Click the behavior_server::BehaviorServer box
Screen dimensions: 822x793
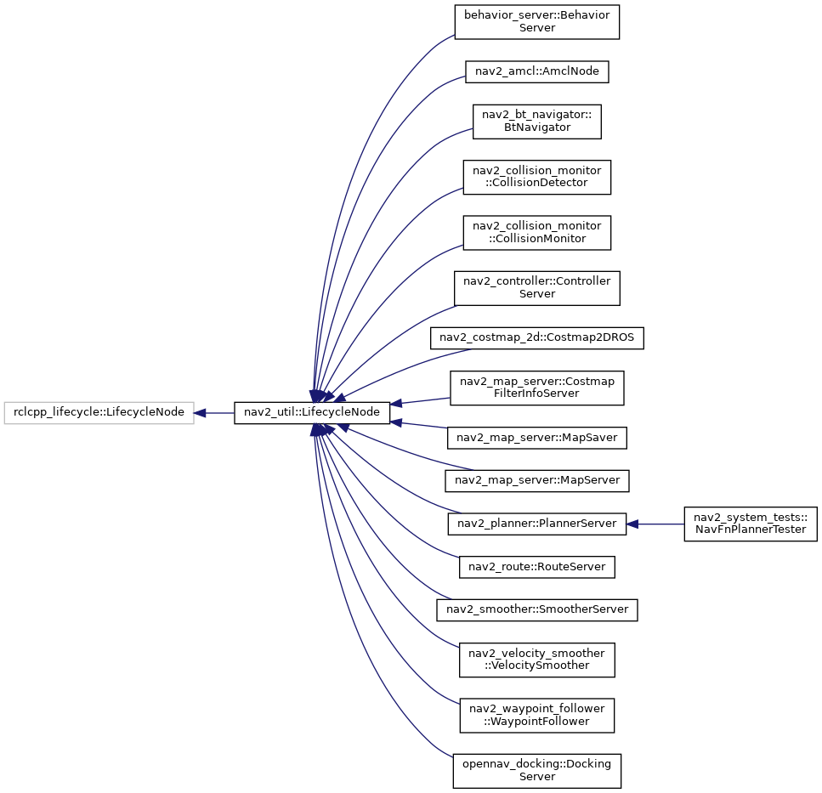click(x=537, y=22)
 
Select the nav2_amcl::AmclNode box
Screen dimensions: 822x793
click(x=537, y=71)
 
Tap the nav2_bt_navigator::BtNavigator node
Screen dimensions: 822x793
click(x=537, y=122)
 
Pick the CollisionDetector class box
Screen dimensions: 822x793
click(x=537, y=177)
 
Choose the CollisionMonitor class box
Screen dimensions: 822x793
click(x=537, y=233)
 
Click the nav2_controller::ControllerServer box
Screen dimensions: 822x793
click(x=537, y=288)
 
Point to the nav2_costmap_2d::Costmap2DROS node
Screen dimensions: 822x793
click(x=537, y=338)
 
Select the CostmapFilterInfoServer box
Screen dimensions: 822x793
click(x=537, y=388)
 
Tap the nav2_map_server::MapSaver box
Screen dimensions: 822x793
click(x=537, y=438)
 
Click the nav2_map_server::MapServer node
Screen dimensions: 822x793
click(x=537, y=480)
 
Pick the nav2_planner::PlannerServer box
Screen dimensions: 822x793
click(x=537, y=524)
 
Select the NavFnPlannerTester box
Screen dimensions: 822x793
click(x=751, y=524)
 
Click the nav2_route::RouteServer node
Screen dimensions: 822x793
click(x=537, y=567)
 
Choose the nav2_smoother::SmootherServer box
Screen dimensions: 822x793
click(x=537, y=610)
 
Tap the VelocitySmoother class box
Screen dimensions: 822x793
click(x=537, y=660)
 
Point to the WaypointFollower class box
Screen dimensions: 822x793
click(x=537, y=716)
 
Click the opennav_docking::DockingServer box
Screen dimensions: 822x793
click(x=537, y=771)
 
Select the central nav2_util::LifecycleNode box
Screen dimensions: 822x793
click(x=312, y=413)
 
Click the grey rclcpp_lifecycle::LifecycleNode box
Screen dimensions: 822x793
click(x=99, y=413)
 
